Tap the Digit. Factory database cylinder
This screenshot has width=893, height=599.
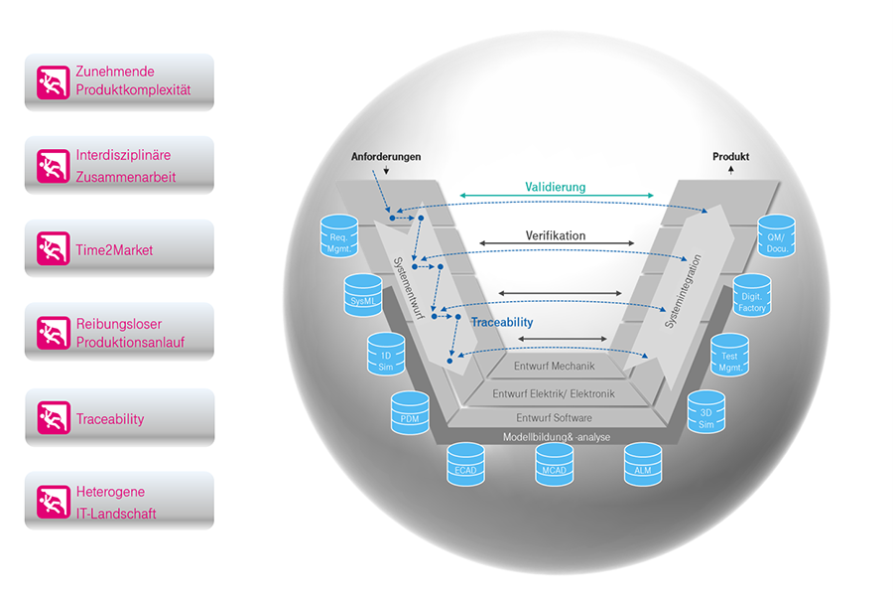pyautogui.click(x=752, y=296)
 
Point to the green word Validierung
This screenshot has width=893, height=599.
pyautogui.click(x=555, y=186)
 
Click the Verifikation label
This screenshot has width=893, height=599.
pyautogui.click(x=555, y=235)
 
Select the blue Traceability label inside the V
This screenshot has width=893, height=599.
pyautogui.click(x=501, y=322)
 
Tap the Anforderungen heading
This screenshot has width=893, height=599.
pyautogui.click(x=386, y=157)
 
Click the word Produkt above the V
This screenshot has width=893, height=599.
pyautogui.click(x=730, y=157)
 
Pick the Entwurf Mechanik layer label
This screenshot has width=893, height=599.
pyautogui.click(x=554, y=366)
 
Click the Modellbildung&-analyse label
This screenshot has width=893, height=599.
pyautogui.click(x=556, y=437)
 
